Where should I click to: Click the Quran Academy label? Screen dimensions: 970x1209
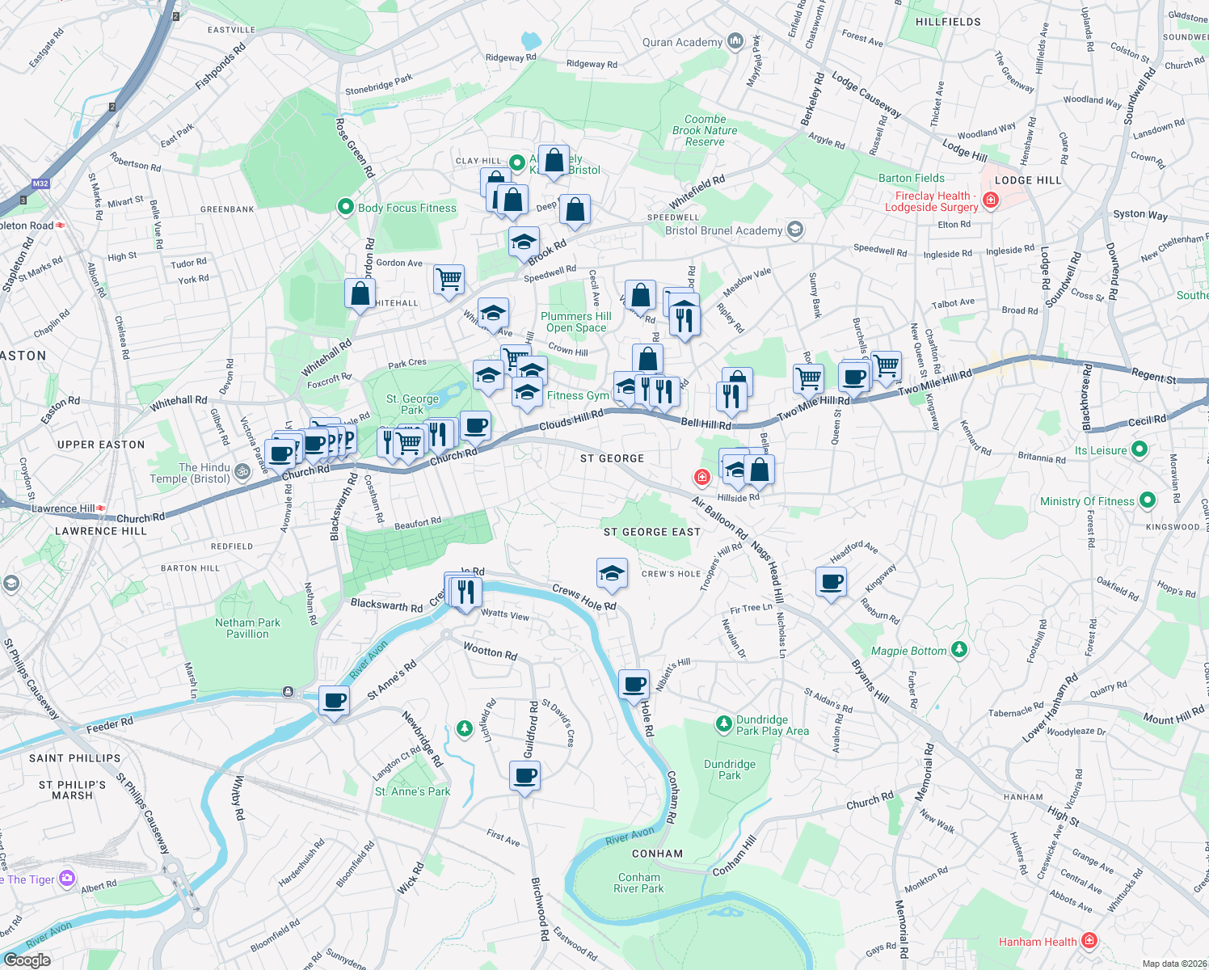682,42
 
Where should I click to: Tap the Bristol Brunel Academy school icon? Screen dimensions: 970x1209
795,230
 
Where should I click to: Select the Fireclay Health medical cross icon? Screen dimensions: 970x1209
991,200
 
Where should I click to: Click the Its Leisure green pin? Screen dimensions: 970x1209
1139,449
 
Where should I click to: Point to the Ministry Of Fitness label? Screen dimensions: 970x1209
1087,501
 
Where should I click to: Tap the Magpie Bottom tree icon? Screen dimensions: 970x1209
959,648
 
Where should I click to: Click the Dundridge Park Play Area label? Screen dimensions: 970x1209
772,725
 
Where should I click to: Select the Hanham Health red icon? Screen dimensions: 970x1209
1089,940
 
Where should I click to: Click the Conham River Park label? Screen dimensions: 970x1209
638,883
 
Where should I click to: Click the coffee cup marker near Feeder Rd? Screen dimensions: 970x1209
334,700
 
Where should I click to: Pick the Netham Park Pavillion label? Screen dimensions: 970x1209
247,628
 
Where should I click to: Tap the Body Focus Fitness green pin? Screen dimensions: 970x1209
346,207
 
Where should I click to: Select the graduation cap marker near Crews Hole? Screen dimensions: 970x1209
612,574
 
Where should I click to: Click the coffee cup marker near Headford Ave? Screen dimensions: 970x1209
831,582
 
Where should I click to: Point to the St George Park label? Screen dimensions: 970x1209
412,404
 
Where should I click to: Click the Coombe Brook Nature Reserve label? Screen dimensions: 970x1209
705,130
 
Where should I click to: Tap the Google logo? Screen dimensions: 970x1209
27,959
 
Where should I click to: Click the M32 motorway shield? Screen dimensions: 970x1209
40,183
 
